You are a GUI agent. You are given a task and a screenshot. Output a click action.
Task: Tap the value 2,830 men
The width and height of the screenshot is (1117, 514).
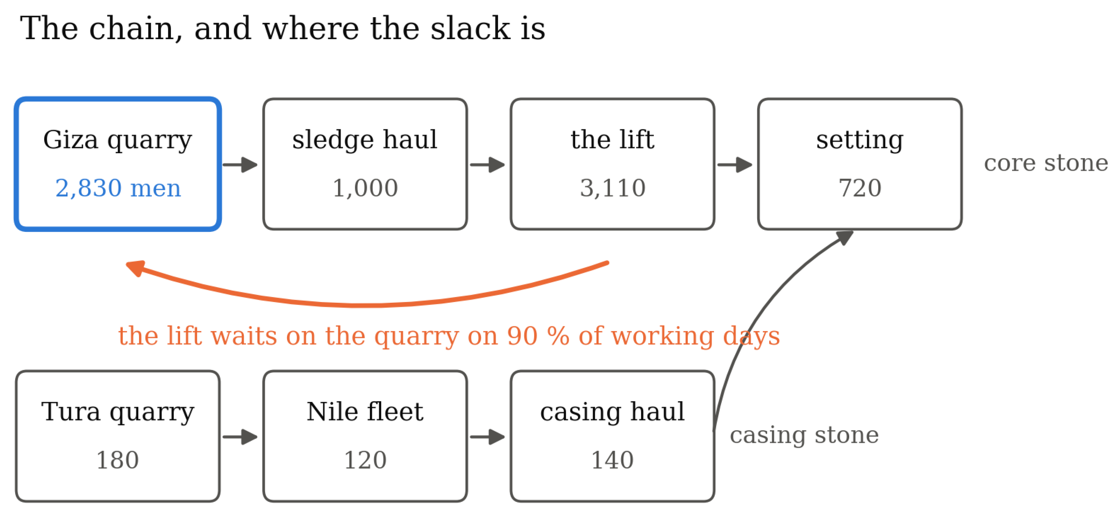pos(118,188)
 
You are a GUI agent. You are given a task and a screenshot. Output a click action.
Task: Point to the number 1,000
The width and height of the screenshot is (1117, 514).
pos(365,188)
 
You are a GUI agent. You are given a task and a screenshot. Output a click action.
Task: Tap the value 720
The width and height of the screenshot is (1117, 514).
pos(860,188)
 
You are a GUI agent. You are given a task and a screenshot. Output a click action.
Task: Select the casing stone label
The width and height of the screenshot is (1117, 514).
pos(804,435)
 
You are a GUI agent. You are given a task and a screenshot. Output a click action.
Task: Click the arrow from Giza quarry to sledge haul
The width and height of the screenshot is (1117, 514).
pos(240,165)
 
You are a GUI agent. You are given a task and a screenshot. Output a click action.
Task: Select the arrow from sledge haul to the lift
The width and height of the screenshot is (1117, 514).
pos(487,165)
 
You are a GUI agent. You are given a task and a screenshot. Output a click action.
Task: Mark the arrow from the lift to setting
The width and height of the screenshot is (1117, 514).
pos(735,165)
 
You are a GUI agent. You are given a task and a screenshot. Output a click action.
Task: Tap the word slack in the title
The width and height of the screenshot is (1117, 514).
pos(470,28)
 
